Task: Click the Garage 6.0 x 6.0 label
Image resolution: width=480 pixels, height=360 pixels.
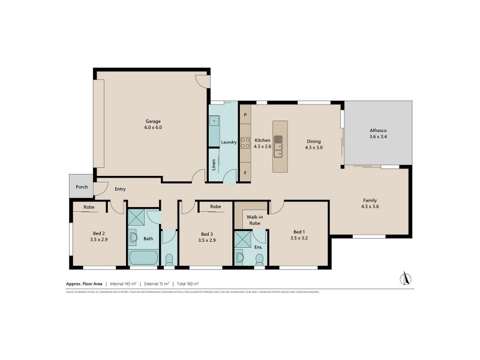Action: pyautogui.click(x=152, y=124)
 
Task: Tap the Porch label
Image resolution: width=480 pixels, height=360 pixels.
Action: pyautogui.click(x=82, y=187)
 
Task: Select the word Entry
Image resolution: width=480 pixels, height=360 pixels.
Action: pyautogui.click(x=120, y=190)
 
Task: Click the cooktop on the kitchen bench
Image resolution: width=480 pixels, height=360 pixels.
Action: pyautogui.click(x=245, y=143)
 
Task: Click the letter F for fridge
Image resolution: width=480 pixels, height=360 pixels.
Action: pyautogui.click(x=245, y=173)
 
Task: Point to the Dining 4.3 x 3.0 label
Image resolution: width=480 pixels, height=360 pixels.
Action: pyautogui.click(x=314, y=144)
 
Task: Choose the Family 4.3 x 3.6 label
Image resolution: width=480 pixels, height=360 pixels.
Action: pyautogui.click(x=370, y=203)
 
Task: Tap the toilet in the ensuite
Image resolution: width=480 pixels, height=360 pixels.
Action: pyautogui.click(x=260, y=259)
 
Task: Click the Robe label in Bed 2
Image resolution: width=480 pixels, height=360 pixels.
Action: pyautogui.click(x=89, y=207)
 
